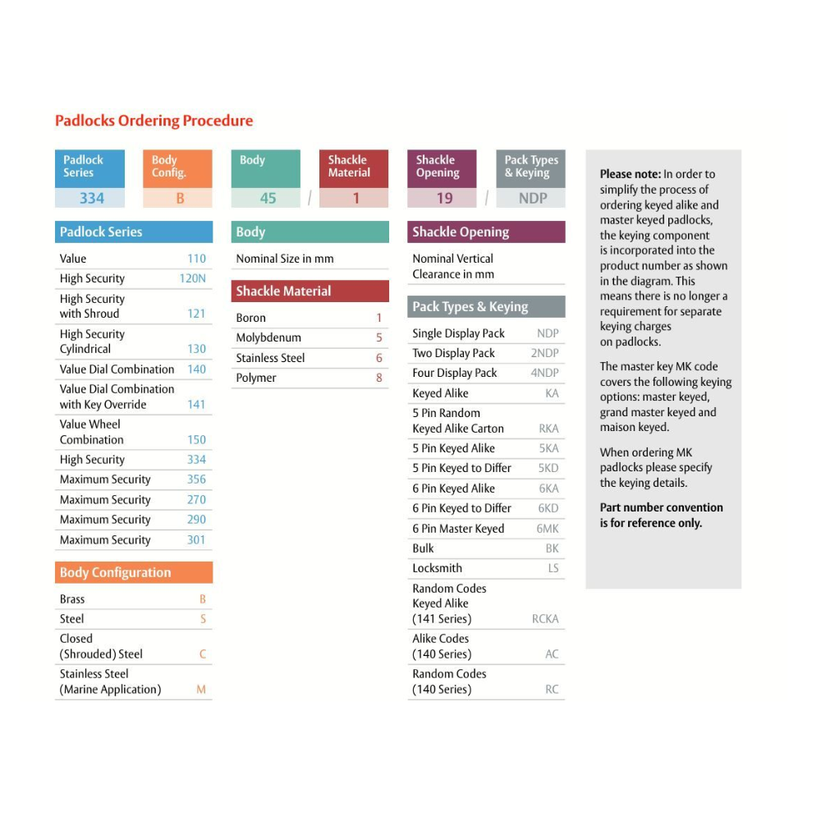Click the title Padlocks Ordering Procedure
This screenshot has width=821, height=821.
(154, 121)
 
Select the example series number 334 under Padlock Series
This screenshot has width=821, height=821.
(91, 198)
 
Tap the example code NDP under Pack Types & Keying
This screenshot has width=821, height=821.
(532, 198)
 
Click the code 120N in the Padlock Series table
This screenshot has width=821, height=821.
(193, 278)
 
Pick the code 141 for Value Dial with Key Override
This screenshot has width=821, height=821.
(196, 404)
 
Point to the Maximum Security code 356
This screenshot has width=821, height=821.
(196, 479)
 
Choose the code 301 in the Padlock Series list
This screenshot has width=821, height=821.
(196, 539)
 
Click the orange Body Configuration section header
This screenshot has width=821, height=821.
(115, 572)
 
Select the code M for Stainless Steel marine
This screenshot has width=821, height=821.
(201, 690)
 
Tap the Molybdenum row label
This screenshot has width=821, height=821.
(268, 337)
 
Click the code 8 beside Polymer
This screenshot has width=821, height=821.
(379, 378)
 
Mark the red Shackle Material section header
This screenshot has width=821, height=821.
(283, 291)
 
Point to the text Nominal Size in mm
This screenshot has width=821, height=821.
(285, 259)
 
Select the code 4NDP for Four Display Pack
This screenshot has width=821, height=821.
(544, 373)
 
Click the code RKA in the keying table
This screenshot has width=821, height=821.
(548, 429)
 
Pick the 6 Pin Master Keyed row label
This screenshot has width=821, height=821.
(458, 529)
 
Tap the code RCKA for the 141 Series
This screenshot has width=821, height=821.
(545, 619)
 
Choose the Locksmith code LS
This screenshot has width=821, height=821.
(553, 568)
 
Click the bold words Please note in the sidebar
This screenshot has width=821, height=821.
(630, 174)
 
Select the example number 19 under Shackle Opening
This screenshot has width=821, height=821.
(444, 198)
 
